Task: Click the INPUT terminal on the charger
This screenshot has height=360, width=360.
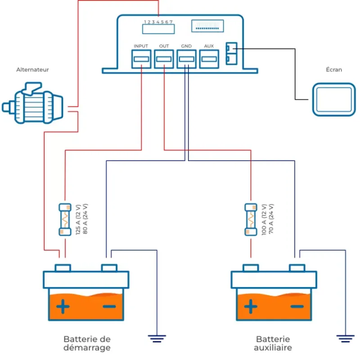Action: pyautogui.click(x=141, y=59)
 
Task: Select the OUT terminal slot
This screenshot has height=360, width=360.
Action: pyautogui.click(x=164, y=59)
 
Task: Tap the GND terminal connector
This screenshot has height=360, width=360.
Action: pyautogui.click(x=186, y=59)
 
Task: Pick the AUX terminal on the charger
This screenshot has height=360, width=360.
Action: pyautogui.click(x=209, y=59)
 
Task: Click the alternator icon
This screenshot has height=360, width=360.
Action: pyautogui.click(x=32, y=103)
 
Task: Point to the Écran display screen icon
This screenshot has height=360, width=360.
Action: pyautogui.click(x=334, y=99)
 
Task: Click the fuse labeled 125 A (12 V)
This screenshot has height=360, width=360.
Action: pyautogui.click(x=65, y=220)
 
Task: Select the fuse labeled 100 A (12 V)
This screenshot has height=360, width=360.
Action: pyautogui.click(x=251, y=220)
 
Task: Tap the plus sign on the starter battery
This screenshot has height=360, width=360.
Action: pyautogui.click(x=63, y=306)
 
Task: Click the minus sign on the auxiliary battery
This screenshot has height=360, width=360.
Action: pyautogui.click(x=297, y=306)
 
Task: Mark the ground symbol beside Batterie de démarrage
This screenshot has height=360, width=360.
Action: pyautogui.click(x=157, y=338)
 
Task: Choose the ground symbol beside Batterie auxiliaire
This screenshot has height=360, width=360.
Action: pyautogui.click(x=345, y=338)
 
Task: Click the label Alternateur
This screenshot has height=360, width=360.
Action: pyautogui.click(x=32, y=70)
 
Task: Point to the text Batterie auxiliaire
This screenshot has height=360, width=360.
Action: pyautogui.click(x=273, y=343)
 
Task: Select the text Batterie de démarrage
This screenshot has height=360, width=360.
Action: pyautogui.click(x=87, y=343)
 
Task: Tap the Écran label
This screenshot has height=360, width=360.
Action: pyautogui.click(x=334, y=69)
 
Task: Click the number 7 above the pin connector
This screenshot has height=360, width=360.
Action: pyautogui.click(x=171, y=22)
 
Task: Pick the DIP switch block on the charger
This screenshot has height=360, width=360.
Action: pyautogui.click(x=207, y=26)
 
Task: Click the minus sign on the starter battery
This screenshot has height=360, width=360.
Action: pyautogui.click(x=109, y=306)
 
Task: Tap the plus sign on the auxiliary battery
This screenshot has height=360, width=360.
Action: pyautogui.click(x=251, y=306)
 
